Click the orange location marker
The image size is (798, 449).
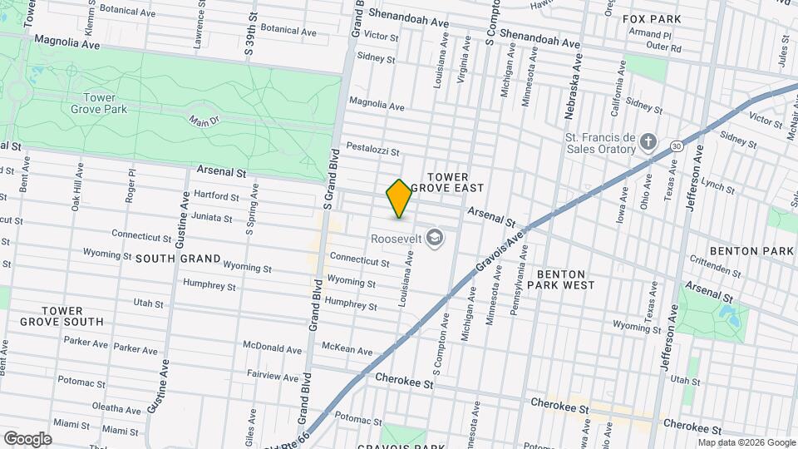tap(399, 199)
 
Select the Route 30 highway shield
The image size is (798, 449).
tap(677, 146)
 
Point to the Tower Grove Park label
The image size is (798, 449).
tap(99, 103)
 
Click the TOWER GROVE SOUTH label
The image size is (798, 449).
tap(62, 316)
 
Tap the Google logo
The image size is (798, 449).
tap(27, 439)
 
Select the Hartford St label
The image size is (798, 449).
tap(216, 197)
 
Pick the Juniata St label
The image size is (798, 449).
tap(211, 218)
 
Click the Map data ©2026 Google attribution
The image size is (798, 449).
tap(746, 442)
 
